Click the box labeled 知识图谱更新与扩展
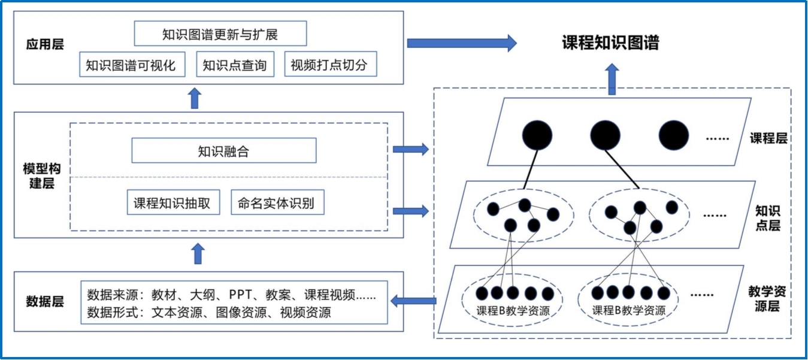pyautogui.click(x=220, y=34)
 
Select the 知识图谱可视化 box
pyautogui.click(x=131, y=65)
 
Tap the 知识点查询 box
pyautogui.click(x=235, y=65)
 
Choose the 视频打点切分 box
pyautogui.click(x=330, y=65)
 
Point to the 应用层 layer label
pyautogui.click(x=45, y=44)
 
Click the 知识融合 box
pyautogui.click(x=223, y=151)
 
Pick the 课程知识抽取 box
pyautogui.click(x=172, y=203)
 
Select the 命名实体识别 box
pyautogui.click(x=276, y=203)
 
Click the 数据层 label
pyautogui.click(x=45, y=301)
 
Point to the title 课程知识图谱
pyautogui.click(x=610, y=43)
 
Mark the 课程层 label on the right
pyautogui.click(x=768, y=138)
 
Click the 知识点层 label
pyautogui.click(x=768, y=218)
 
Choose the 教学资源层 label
pyautogui.click(x=767, y=299)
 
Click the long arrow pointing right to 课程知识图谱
pyautogui.click(x=461, y=43)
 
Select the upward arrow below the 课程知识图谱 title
pyautogui.click(x=612, y=80)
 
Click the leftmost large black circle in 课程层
pyautogui.click(x=537, y=135)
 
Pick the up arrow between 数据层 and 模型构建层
pyautogui.click(x=199, y=254)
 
